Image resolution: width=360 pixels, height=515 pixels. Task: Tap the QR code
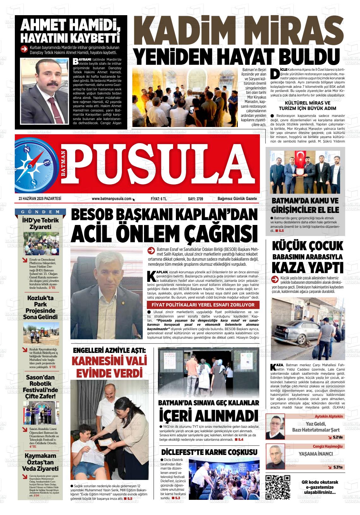[x=278, y=487]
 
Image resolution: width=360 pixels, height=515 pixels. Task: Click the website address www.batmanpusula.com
[x=111, y=199]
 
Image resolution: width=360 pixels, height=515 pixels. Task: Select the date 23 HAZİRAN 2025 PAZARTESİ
[x=40, y=199]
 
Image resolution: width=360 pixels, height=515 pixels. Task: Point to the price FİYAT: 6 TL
[x=159, y=199]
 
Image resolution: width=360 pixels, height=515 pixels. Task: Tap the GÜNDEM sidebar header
[x=40, y=212]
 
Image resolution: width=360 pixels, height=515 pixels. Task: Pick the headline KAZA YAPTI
[x=307, y=267]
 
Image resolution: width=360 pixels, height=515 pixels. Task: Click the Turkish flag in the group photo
[x=299, y=158]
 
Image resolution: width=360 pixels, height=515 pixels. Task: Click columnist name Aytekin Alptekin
[x=328, y=416]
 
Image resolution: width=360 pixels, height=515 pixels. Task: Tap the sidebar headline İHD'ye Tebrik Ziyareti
[x=40, y=223]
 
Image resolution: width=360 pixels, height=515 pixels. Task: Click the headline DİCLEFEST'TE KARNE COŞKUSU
[x=209, y=452]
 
